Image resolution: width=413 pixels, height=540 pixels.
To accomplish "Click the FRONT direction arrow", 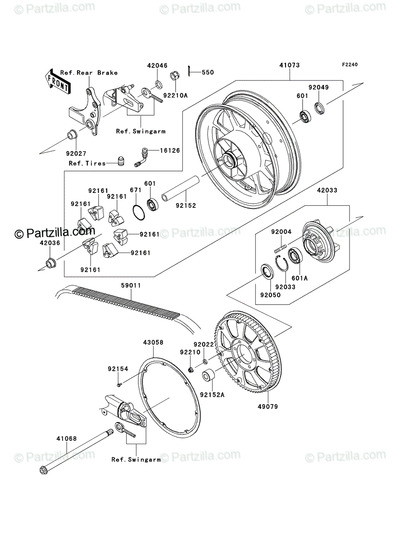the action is pyautogui.click(x=58, y=81).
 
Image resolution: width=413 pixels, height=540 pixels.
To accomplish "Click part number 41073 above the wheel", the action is pyautogui.click(x=290, y=65).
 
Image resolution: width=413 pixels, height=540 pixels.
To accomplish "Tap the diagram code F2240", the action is pyautogui.click(x=350, y=64).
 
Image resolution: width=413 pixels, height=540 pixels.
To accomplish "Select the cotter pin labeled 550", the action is pyautogui.click(x=189, y=71).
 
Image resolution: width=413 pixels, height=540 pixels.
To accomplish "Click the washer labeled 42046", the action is pyautogui.click(x=158, y=84).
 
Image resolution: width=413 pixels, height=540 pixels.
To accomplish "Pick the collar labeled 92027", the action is pyautogui.click(x=73, y=135).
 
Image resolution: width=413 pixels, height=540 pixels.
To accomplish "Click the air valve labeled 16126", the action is pyautogui.click(x=141, y=157).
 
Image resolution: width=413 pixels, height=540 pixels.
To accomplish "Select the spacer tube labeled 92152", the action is pyautogui.click(x=181, y=189).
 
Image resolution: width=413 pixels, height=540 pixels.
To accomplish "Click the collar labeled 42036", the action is pyautogui.click(x=51, y=263).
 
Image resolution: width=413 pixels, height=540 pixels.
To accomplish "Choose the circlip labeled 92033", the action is pyautogui.click(x=281, y=264).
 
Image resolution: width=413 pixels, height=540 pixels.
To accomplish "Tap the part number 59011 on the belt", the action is pyautogui.click(x=131, y=285).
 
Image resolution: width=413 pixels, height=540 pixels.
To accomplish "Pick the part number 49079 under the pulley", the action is pyautogui.click(x=268, y=407).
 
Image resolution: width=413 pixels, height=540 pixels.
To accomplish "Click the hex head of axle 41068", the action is pyautogui.click(x=44, y=471).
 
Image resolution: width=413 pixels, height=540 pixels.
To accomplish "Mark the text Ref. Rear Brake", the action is pyautogui.click(x=89, y=73).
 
